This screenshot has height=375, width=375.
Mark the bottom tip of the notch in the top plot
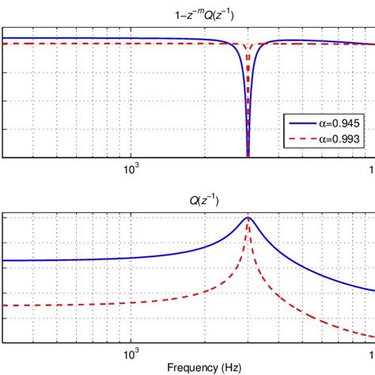[248, 156]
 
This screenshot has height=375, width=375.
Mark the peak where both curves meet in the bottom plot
[248, 218]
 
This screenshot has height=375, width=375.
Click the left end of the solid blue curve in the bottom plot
[4, 260]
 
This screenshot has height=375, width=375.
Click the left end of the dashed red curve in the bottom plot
[4, 305]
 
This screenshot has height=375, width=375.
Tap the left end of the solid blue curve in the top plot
[4, 37]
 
